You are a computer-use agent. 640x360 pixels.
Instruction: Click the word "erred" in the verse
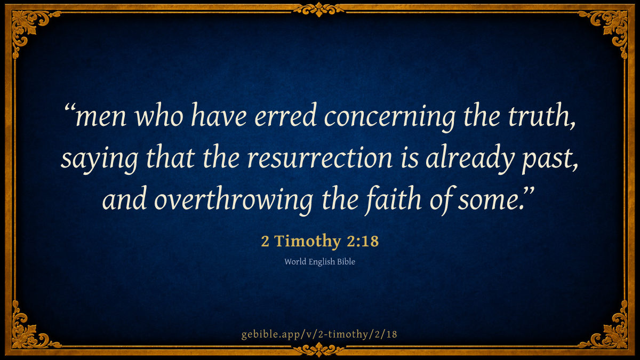(x=285, y=115)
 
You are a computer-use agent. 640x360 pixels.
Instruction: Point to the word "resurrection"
(x=319, y=158)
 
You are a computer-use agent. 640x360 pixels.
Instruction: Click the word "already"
(x=470, y=159)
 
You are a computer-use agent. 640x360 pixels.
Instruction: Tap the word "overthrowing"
(x=234, y=201)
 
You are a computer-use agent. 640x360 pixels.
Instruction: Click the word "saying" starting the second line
(x=99, y=159)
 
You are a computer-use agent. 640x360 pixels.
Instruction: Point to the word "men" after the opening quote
(x=101, y=117)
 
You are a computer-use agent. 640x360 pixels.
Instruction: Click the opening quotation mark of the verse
(x=69, y=108)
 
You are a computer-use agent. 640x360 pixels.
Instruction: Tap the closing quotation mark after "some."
(x=529, y=191)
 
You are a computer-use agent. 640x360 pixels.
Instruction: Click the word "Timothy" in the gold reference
(x=308, y=241)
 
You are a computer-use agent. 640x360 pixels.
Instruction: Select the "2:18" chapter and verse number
(x=363, y=241)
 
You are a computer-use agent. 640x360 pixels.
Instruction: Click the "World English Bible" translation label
(x=319, y=262)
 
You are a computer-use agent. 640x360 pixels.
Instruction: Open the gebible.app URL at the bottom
(x=319, y=334)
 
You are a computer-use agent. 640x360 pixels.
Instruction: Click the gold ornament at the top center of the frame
(x=319, y=9)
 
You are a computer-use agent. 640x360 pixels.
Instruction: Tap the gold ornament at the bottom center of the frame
(x=319, y=350)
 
